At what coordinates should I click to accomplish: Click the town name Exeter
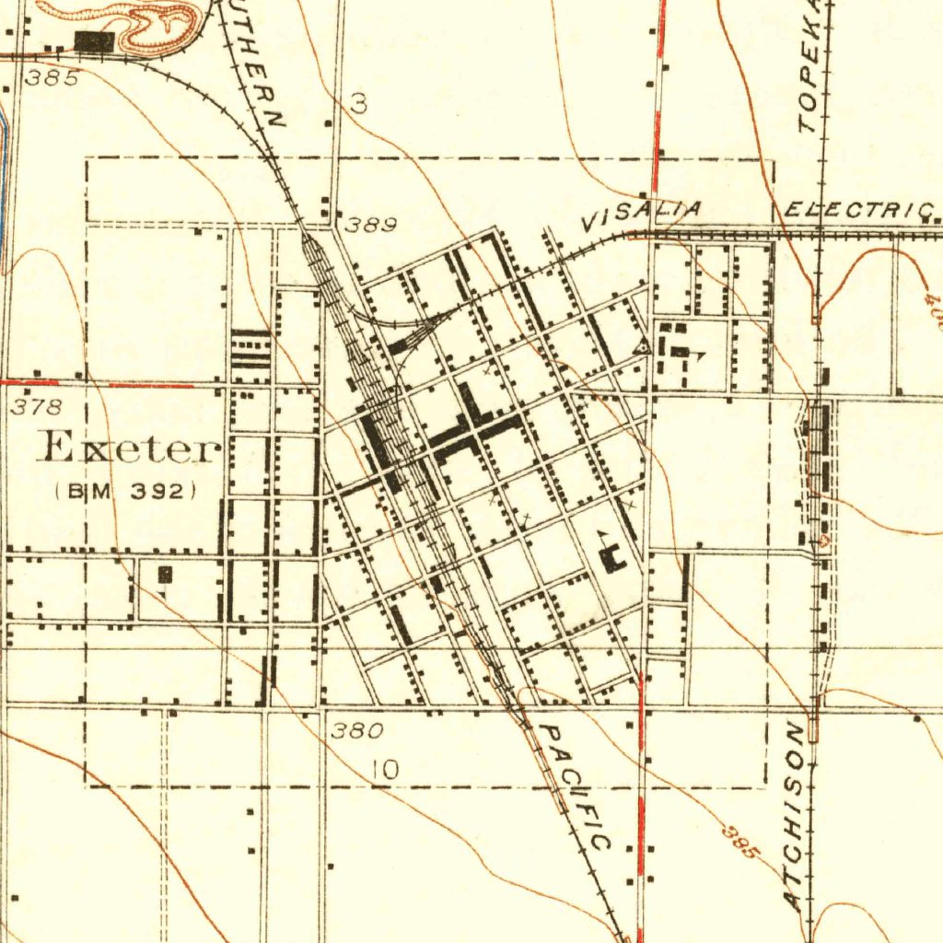tap(129, 448)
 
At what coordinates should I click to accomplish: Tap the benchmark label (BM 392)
tap(125, 491)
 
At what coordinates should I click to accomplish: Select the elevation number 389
tap(371, 225)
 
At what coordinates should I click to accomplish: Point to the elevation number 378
tap(37, 406)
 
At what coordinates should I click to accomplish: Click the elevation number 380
tap(356, 732)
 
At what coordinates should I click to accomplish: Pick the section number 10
tap(387, 770)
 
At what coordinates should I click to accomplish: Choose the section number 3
tap(359, 106)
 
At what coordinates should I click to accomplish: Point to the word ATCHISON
tap(797, 816)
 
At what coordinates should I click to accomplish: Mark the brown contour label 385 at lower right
tap(739, 841)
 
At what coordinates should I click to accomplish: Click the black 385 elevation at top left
tap(52, 78)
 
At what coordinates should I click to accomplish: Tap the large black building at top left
tap(94, 41)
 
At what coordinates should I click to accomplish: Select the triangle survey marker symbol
tap(642, 347)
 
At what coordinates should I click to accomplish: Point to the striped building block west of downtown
tap(250, 349)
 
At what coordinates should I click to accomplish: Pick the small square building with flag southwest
tap(165, 575)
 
